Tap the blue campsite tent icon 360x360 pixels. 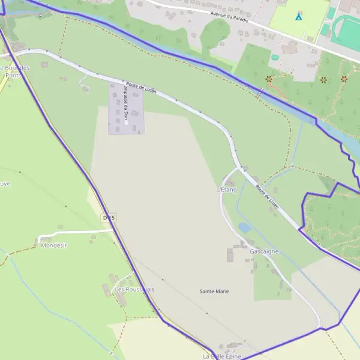tap(298, 17)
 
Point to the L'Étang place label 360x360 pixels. tap(227, 190)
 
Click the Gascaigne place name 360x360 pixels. tap(264, 251)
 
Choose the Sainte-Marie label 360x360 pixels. tap(214, 291)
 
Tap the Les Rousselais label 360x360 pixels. tap(134, 289)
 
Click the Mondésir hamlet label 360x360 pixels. tap(54, 245)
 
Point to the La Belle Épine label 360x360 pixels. tap(221, 356)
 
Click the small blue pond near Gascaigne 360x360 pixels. tap(244, 227)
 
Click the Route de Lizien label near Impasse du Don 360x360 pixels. tap(141, 88)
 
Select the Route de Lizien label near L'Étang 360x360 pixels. tap(267, 196)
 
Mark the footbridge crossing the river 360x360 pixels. tap(260, 93)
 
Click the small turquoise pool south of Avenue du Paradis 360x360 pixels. tap(275, 58)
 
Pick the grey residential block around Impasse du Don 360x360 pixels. tap(127, 109)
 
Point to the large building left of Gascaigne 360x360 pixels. tap(230, 256)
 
